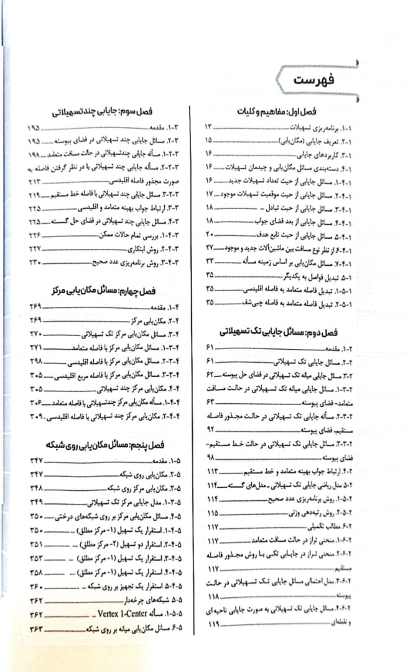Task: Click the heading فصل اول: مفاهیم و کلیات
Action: tap(277, 112)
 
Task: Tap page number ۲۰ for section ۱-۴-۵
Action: tap(210, 235)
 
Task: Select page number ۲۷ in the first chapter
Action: tap(210, 248)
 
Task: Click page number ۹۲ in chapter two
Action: tap(210, 430)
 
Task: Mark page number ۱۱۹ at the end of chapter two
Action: tap(214, 623)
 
